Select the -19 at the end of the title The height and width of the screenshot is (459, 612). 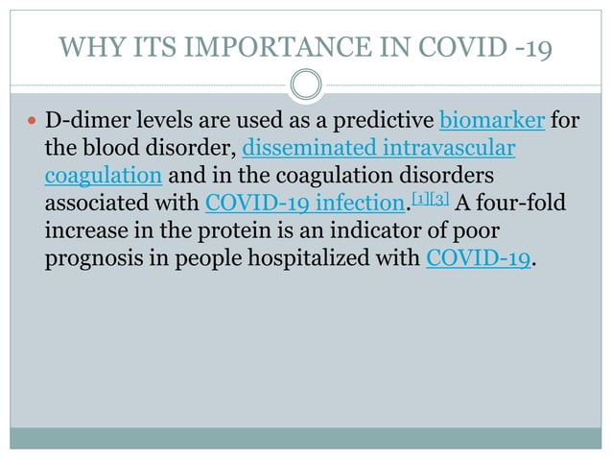coord(529,45)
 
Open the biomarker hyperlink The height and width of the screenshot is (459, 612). coord(493,122)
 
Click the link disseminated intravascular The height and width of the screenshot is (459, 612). coord(380,150)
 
